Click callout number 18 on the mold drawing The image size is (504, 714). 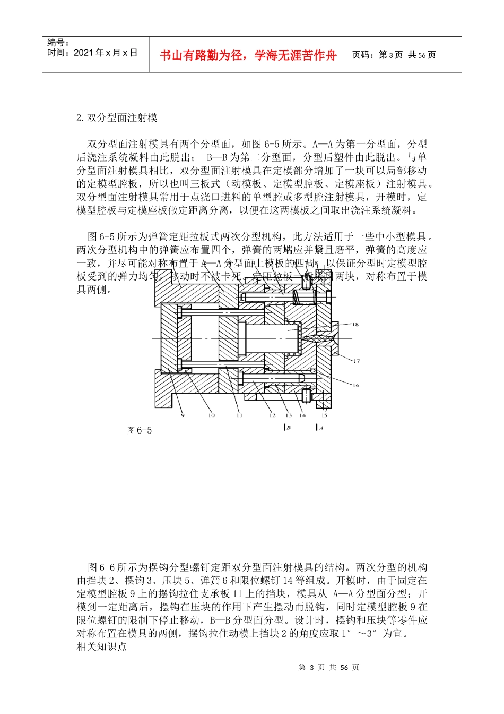pos(355,324)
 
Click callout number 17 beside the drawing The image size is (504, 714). pos(356,361)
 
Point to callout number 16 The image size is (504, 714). pos(355,385)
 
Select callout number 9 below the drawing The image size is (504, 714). pos(183,415)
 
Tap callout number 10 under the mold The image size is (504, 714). pos(211,415)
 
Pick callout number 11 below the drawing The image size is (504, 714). pos(239,415)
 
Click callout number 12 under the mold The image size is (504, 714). pos(272,415)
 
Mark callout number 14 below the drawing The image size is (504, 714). pos(302,415)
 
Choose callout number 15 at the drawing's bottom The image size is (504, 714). pos(324,415)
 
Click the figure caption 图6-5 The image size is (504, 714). pos(140,430)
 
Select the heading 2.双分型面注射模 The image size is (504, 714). pos(117,117)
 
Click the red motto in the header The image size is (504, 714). pos(248,55)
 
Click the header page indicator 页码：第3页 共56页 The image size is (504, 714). pos(394,55)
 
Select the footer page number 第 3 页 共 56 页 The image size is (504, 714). pos(329,667)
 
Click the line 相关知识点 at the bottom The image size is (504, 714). pos(102,647)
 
